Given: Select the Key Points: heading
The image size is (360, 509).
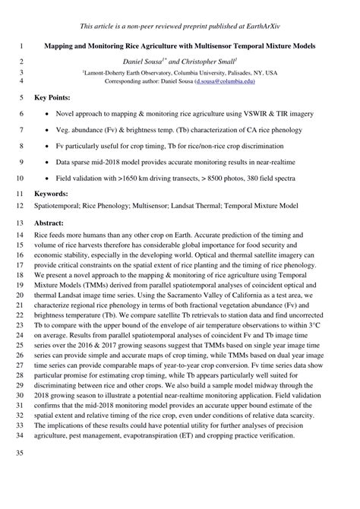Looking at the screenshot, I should [53, 98].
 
